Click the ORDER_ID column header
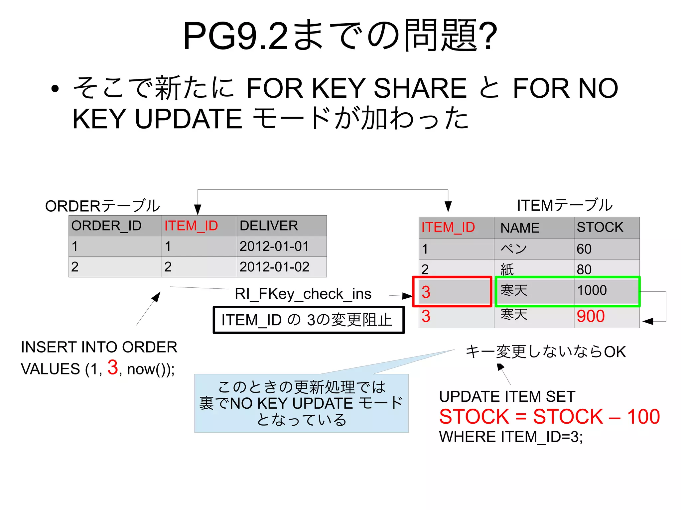point(106,226)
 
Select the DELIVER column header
point(269,226)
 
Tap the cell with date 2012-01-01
point(274,247)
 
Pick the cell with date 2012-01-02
point(274,267)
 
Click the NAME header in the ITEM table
point(520,228)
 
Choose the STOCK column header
point(600,228)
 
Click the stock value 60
point(584,249)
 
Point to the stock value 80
point(584,269)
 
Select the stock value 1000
point(592,290)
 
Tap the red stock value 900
point(591,316)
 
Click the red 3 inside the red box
point(426,292)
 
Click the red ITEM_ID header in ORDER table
point(191,226)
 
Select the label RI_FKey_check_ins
point(303,294)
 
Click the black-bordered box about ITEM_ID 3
point(308,320)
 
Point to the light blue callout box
point(301,403)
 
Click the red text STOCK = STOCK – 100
point(549,417)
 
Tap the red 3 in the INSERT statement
point(113,367)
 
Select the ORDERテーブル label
point(102,206)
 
